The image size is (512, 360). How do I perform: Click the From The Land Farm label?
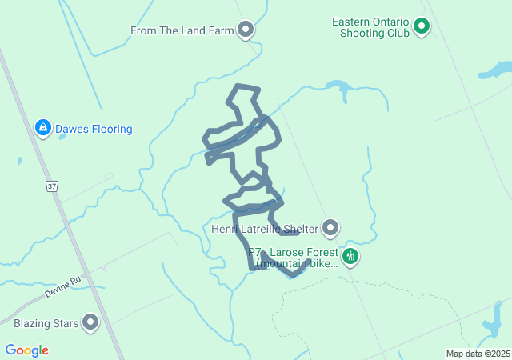coord(182,31)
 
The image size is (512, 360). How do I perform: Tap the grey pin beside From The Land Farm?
coord(246,30)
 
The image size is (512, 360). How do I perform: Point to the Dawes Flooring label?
coord(94,129)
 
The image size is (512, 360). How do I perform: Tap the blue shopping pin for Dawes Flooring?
coord(43,127)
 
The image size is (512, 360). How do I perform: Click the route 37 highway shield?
coord(52,186)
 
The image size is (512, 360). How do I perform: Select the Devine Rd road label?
coord(64,286)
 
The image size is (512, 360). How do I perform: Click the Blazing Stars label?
coord(46,325)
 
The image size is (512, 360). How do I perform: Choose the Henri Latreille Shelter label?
coord(265,230)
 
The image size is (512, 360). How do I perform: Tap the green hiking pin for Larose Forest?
coord(350,257)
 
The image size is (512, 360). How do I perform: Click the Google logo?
coord(27,350)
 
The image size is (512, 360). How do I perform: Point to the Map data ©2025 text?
coord(478,354)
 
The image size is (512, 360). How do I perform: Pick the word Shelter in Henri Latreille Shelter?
coord(299,230)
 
